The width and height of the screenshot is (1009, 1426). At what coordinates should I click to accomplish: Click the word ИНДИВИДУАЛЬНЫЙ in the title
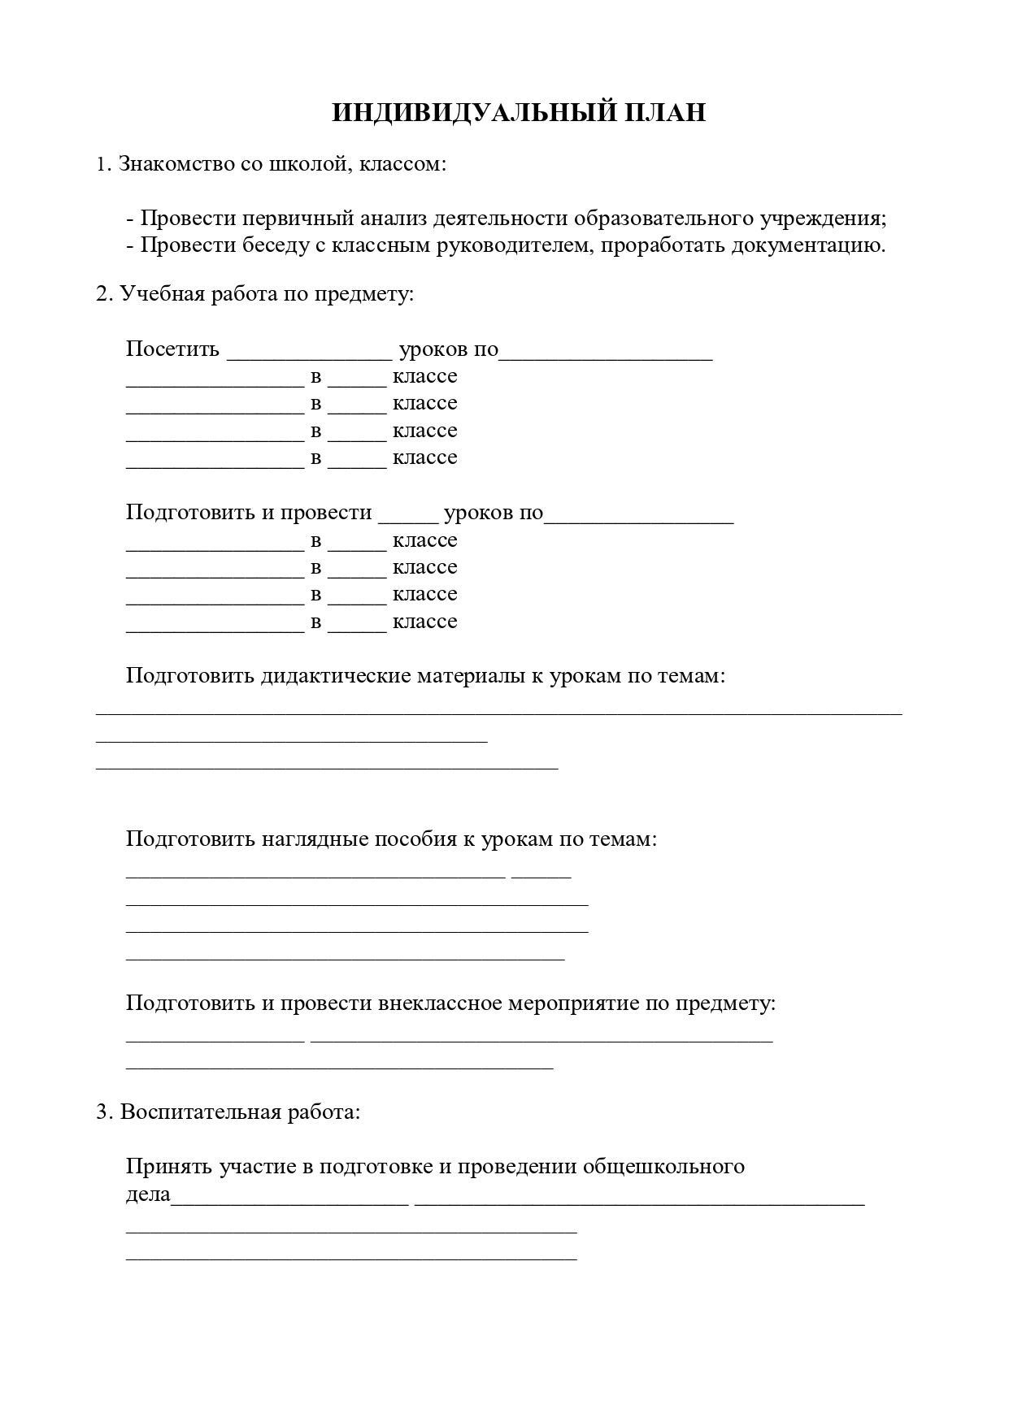coord(473,113)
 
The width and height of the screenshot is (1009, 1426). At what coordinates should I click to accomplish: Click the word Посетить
coord(172,349)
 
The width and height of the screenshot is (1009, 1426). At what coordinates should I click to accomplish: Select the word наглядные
coord(313,839)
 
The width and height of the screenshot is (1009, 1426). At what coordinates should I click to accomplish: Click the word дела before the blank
coord(148,1194)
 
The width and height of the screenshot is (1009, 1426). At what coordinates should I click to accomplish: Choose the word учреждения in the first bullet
coord(823,219)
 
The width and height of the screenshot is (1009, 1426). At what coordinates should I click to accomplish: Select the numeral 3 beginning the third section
coord(102,1112)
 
